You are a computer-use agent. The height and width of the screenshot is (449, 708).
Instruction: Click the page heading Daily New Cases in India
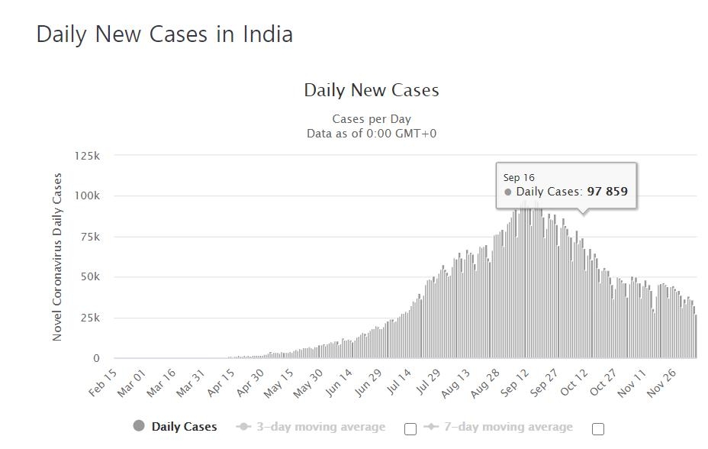pos(164,34)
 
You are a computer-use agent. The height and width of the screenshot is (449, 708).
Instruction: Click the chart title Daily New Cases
pos(372,90)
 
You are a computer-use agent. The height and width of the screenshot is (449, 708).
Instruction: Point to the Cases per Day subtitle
pos(372,119)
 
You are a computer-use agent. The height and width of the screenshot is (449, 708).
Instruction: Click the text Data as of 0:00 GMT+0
pos(372,133)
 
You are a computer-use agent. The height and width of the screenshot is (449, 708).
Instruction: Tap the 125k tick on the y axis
pos(87,156)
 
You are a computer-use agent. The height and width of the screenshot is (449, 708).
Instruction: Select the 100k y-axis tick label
pos(87,196)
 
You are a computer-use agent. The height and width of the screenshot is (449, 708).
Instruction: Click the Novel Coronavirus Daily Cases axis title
pos(57,257)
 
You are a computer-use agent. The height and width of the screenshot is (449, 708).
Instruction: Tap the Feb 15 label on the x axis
pos(104,382)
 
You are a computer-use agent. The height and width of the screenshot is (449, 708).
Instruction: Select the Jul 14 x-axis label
pos(397,382)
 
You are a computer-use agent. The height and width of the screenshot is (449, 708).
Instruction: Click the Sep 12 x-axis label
pos(515,382)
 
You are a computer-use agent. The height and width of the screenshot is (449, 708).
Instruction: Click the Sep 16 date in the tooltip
pos(519,178)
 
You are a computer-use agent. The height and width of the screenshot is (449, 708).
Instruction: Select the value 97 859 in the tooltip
pos(607,192)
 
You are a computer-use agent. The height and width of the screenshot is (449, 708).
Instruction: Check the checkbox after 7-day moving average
pos(598,429)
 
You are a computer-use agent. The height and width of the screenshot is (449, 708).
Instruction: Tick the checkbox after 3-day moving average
pos(410,429)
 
